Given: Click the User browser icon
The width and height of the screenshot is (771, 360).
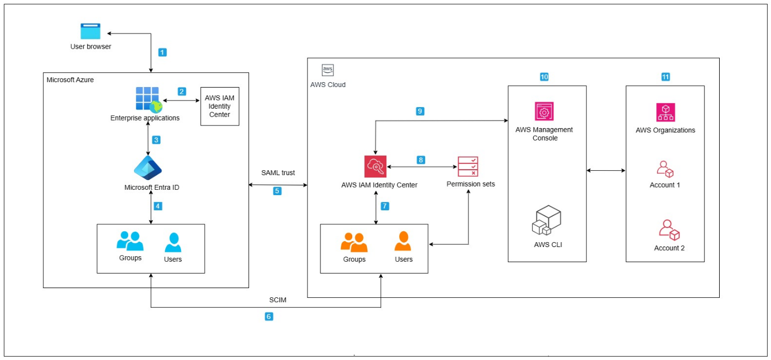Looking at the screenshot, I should (x=91, y=31).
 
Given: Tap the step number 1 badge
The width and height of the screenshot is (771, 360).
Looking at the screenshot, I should (x=162, y=52).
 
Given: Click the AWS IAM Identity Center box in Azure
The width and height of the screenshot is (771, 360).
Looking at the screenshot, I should (x=219, y=106).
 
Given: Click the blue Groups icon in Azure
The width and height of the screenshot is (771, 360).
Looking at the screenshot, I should (x=130, y=241).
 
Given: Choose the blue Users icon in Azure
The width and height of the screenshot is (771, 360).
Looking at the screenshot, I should (x=173, y=243).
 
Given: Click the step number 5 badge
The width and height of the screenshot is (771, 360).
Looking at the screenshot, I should (x=277, y=191).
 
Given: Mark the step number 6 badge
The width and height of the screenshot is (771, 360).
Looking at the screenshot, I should (x=269, y=317).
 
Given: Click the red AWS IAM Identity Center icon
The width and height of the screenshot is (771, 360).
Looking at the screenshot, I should (x=376, y=166).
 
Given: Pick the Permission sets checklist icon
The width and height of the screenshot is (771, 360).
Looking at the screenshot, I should (x=468, y=166).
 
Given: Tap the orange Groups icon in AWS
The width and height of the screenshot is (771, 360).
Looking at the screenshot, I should (x=354, y=243).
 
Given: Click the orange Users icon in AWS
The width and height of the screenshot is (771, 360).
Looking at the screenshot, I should (x=404, y=242).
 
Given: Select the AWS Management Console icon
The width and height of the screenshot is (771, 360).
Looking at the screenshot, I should (x=544, y=112).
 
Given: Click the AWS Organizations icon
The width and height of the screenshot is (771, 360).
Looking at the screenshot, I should (x=665, y=112).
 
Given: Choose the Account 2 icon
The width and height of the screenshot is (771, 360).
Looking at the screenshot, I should (x=669, y=230).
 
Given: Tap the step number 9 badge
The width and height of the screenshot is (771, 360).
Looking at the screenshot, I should (x=420, y=111).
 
